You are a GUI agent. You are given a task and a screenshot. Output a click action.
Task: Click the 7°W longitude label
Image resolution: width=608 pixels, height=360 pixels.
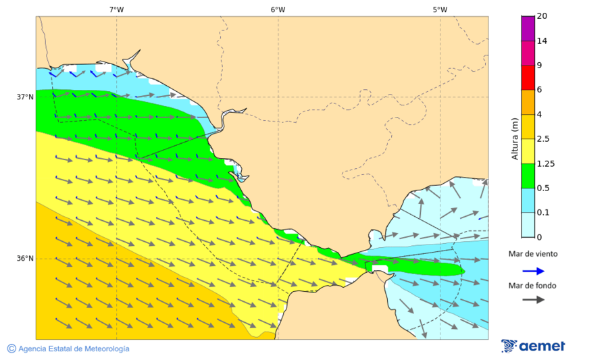(x=116, y=9)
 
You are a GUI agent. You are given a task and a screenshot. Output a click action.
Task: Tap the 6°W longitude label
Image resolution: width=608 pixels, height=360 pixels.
(x=278, y=9)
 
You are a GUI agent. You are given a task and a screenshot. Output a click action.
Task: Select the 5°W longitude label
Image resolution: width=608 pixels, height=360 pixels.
(x=440, y=9)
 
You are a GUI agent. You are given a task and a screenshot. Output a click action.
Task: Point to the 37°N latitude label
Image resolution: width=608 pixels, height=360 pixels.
(x=25, y=97)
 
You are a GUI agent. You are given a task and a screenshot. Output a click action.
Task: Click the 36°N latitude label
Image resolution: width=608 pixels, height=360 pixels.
(x=25, y=259)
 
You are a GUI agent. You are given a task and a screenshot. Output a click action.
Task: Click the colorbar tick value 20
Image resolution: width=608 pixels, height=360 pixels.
(x=541, y=16)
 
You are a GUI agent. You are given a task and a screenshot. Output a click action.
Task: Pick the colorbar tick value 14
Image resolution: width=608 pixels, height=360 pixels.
(x=541, y=41)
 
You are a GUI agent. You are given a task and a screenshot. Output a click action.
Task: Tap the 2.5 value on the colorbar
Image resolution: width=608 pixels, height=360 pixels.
(x=542, y=139)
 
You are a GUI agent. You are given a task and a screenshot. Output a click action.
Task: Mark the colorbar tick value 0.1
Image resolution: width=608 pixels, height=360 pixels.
(x=542, y=213)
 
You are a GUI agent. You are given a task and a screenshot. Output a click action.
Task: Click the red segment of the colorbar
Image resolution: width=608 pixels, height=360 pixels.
(x=528, y=77)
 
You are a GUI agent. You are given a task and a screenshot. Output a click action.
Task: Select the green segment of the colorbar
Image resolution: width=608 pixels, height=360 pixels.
(x=528, y=176)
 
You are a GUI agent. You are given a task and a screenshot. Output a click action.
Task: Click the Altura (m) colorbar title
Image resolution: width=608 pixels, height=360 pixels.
(x=515, y=138)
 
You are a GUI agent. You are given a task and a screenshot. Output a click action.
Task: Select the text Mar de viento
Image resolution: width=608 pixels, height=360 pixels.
(x=533, y=254)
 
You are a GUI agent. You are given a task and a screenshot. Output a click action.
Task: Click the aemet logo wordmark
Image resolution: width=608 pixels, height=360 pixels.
(x=541, y=346)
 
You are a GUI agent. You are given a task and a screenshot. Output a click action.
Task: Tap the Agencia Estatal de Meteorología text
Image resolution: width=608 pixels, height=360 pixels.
(x=74, y=349)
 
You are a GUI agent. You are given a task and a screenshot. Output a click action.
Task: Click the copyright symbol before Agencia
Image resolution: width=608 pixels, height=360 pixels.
(x=11, y=349)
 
